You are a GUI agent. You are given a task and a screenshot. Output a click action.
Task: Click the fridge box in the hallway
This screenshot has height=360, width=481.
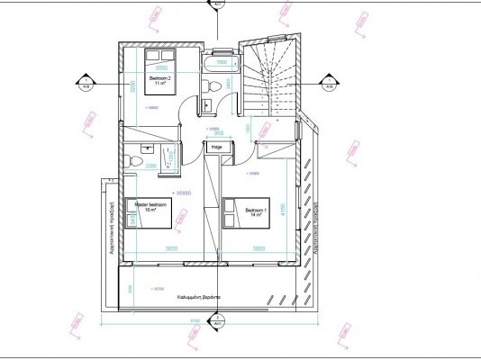[x=215, y=146]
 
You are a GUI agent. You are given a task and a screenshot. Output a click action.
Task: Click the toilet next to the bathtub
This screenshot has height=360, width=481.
[x=210, y=85]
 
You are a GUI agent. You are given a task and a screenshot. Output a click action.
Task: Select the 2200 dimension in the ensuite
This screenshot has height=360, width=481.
[x=150, y=166]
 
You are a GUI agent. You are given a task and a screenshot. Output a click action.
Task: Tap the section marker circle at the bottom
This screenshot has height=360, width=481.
[x=216, y=319]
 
